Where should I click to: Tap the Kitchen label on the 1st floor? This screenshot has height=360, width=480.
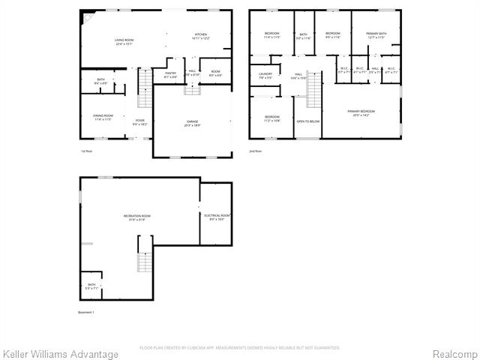tap(201, 36)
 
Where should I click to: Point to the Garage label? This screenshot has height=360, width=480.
tap(193, 123)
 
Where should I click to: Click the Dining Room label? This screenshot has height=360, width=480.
tap(102, 117)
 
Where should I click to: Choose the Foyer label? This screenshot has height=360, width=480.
tap(139, 121)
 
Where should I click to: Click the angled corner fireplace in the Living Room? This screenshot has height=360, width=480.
tap(88, 17)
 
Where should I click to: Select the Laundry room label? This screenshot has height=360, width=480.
tap(265, 75)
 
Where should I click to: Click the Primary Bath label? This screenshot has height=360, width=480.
tap(376, 36)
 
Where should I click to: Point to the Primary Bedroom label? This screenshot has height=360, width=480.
tap(361, 113)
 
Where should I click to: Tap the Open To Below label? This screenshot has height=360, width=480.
tap(307, 121)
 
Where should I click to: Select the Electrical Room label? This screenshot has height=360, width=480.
tap(217, 217)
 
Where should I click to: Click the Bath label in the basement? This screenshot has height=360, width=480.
tap(91, 286)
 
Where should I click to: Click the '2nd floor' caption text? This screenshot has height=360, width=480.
tap(256, 151)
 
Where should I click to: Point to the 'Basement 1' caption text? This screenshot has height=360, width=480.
tap(87, 312)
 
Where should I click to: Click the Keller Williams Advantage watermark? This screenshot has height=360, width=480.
tap(61, 354)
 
